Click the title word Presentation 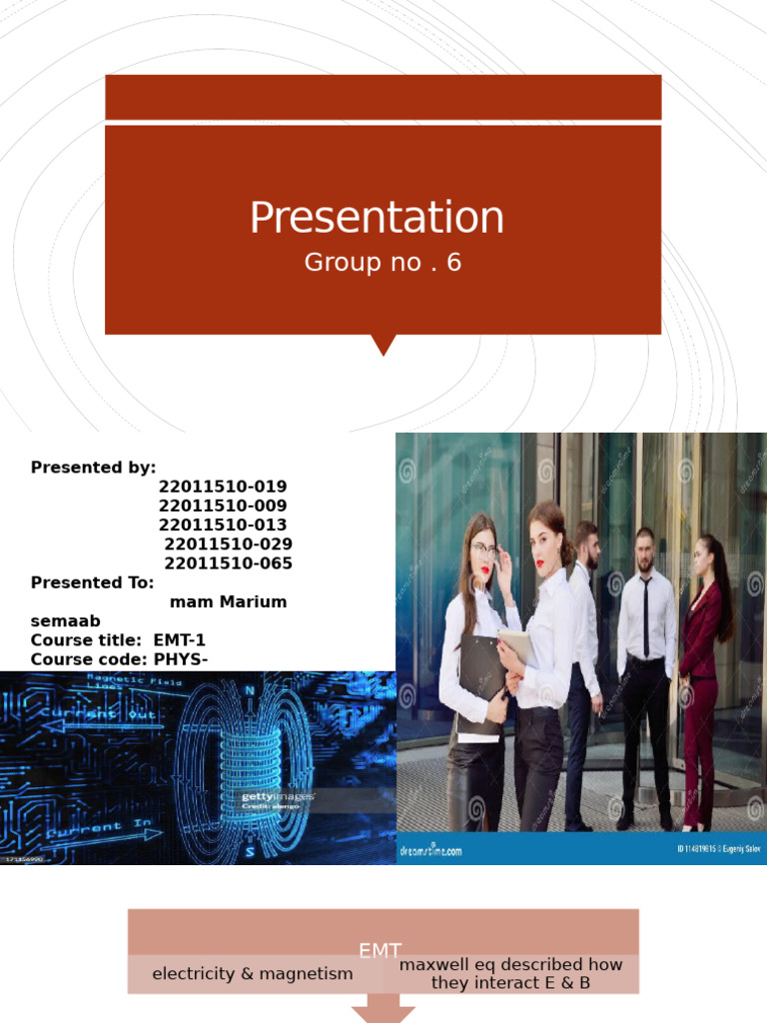pos(377,218)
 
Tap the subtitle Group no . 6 pos(383,263)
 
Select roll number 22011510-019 pos(223,487)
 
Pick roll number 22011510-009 pos(223,506)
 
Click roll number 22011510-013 pos(223,524)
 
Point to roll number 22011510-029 pos(229,543)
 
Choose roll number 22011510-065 pos(229,562)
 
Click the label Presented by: pos(94,468)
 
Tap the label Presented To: pos(93,582)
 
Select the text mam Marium pos(229,601)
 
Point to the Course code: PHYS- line pos(117,658)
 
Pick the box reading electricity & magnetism pos(253,974)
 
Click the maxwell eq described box pos(511,974)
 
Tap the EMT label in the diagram pos(380,951)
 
